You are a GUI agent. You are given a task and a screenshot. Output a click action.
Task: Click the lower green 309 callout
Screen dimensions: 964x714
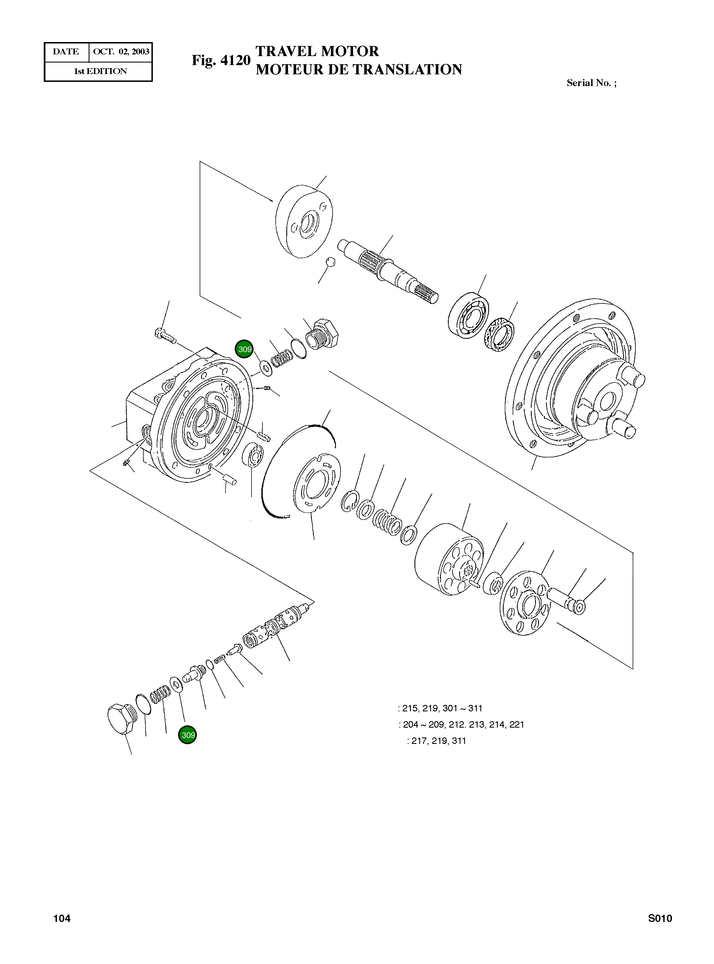[x=188, y=735]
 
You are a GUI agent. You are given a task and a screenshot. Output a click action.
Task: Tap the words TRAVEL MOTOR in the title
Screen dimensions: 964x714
[x=317, y=51]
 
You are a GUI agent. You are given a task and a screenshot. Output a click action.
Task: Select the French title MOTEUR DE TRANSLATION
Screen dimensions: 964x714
[x=359, y=70]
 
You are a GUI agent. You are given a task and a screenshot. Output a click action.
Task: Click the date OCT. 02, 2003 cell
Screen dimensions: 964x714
[x=121, y=52]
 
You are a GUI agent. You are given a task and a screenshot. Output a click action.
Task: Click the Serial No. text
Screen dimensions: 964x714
[x=591, y=83]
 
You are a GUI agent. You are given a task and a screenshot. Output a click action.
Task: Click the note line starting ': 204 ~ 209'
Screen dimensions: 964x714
[x=461, y=725]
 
